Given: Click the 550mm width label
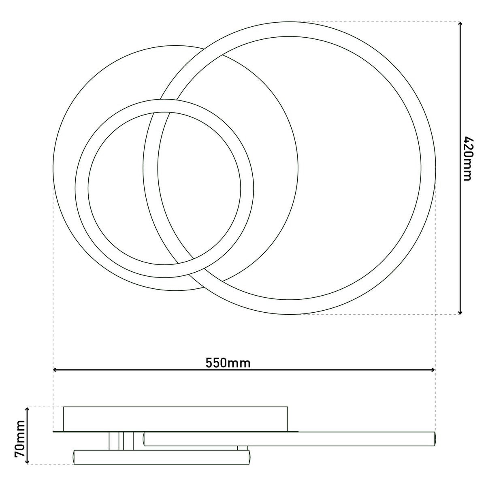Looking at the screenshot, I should pyautogui.click(x=228, y=362).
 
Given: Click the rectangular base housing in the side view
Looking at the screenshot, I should pyautogui.click(x=175, y=418).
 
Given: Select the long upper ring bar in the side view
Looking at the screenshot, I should pyautogui.click(x=290, y=439).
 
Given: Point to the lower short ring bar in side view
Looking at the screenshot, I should pyautogui.click(x=162, y=457).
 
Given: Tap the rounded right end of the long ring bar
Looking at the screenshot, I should pyautogui.click(x=435, y=439).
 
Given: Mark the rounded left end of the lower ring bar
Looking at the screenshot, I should pyautogui.click(x=75, y=457).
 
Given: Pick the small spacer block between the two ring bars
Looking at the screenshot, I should pyautogui.click(x=242, y=448).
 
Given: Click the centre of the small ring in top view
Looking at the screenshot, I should pyautogui.click(x=164, y=188).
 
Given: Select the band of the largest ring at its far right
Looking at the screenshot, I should pyautogui.click(x=428, y=168).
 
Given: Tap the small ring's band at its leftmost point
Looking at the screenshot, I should pyautogui.click(x=81, y=188).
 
